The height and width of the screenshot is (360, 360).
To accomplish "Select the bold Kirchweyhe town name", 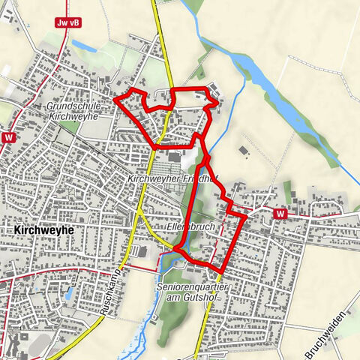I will pos(43,231).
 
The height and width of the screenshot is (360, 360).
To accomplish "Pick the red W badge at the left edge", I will pos(8,138).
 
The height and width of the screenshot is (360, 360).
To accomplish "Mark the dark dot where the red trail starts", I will pos(175,249).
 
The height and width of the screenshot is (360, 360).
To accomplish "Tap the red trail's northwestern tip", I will pos(114,97).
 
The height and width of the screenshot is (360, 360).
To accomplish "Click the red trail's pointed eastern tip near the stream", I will pos(218,99).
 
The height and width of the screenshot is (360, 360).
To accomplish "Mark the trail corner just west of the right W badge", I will pos(245,215).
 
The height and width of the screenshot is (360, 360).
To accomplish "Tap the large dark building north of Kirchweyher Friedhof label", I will pos(175,157).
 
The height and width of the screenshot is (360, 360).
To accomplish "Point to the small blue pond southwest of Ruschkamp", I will pos(69,293).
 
